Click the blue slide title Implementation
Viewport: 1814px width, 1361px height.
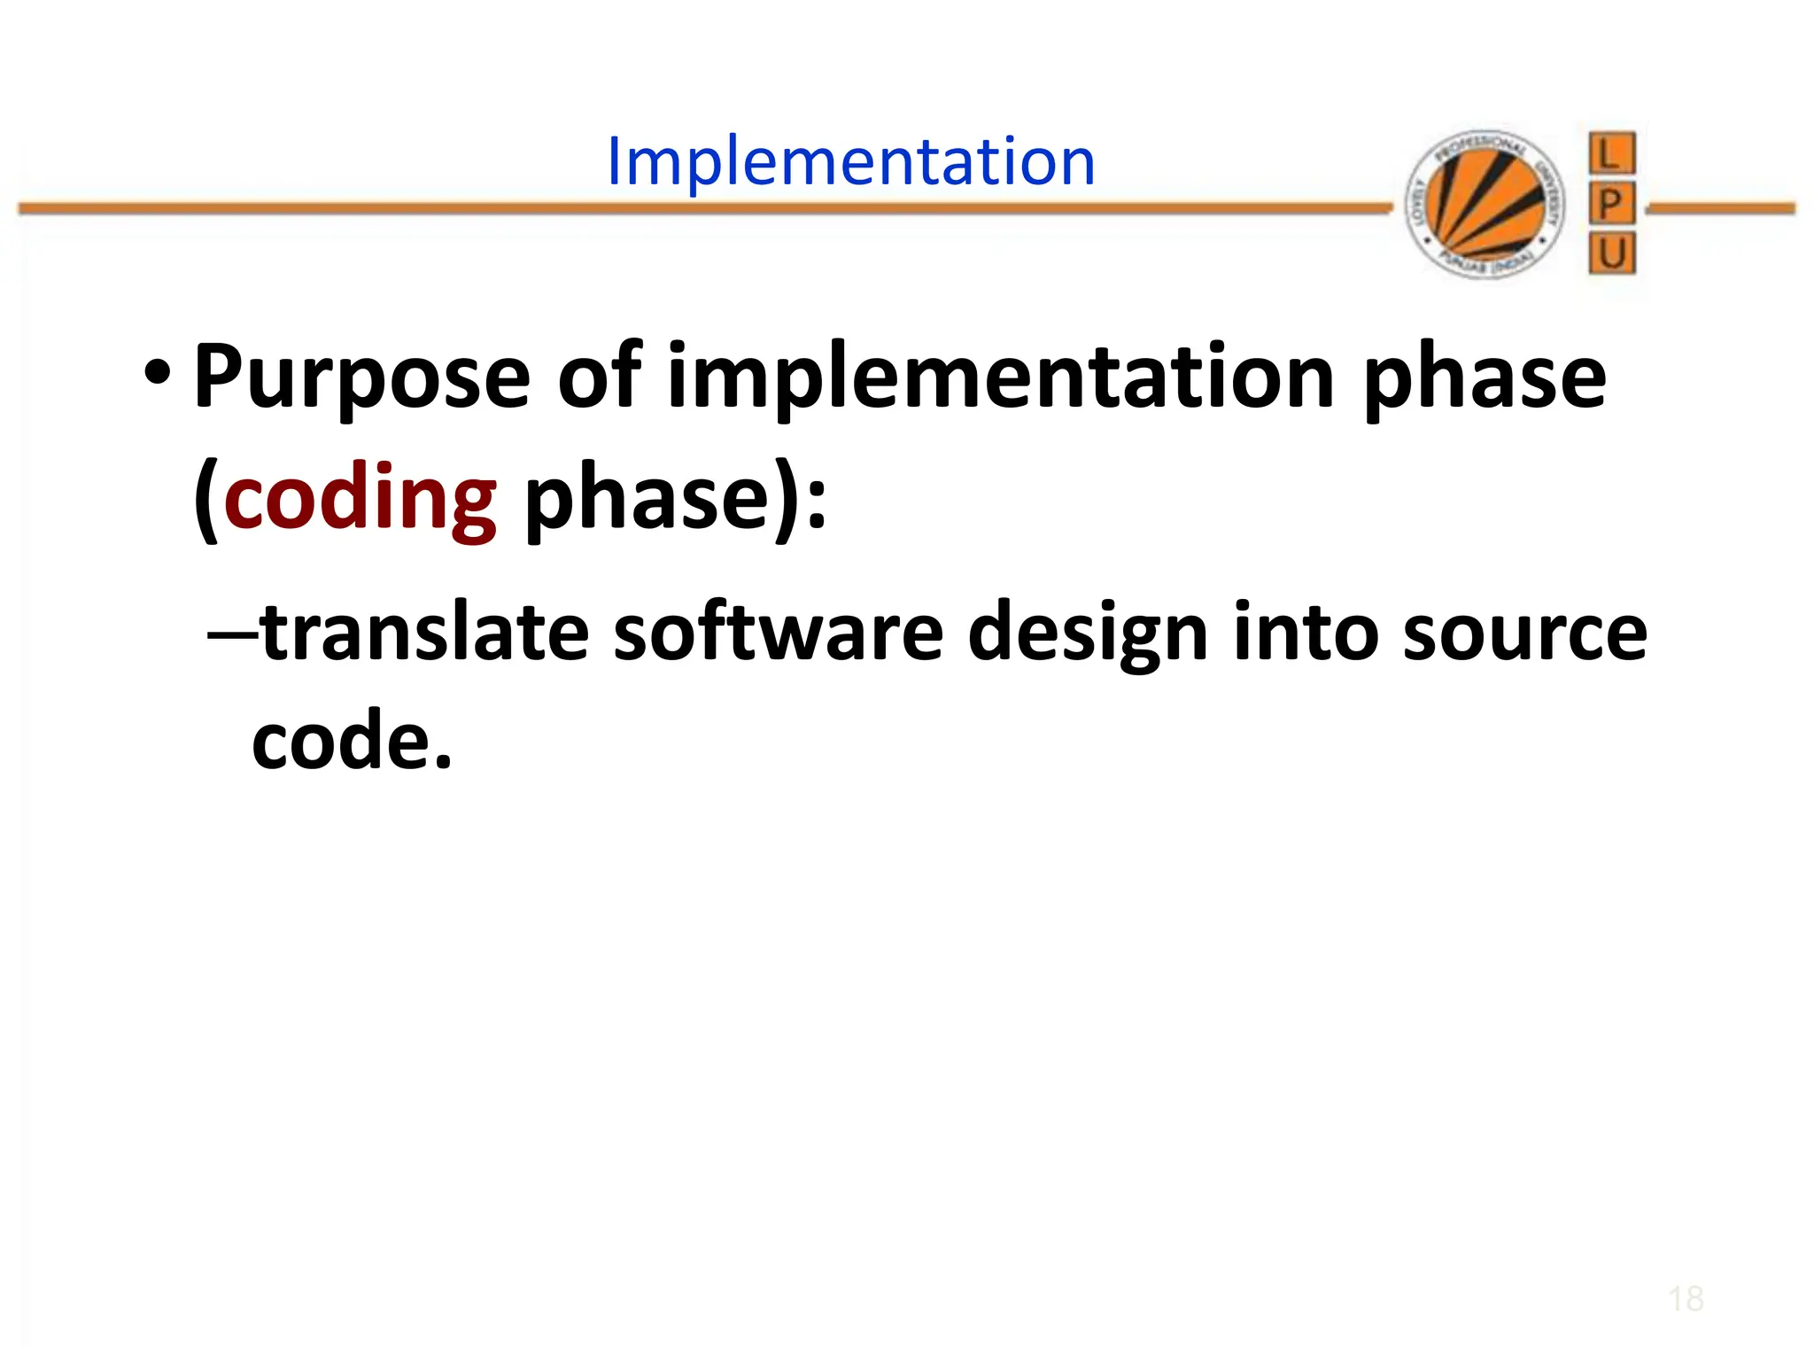pyautogui.click(x=850, y=162)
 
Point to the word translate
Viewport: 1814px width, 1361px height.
pyautogui.click(x=425, y=633)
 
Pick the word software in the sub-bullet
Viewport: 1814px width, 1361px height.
pyautogui.click(x=779, y=633)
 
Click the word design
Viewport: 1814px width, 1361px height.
pyautogui.click(x=1088, y=633)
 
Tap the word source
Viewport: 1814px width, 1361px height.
pyautogui.click(x=1524, y=633)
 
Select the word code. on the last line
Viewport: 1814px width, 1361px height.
pyautogui.click(x=352, y=741)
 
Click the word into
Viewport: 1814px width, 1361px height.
pyautogui.click(x=1306, y=633)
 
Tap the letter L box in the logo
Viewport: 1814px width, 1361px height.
pyautogui.click(x=1611, y=154)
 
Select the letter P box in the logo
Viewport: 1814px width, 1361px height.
pyautogui.click(x=1611, y=205)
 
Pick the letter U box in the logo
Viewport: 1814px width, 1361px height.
pyautogui.click(x=1611, y=254)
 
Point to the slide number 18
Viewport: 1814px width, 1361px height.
pyautogui.click(x=1685, y=1300)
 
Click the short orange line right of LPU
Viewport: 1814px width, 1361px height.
pyautogui.click(x=1720, y=209)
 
